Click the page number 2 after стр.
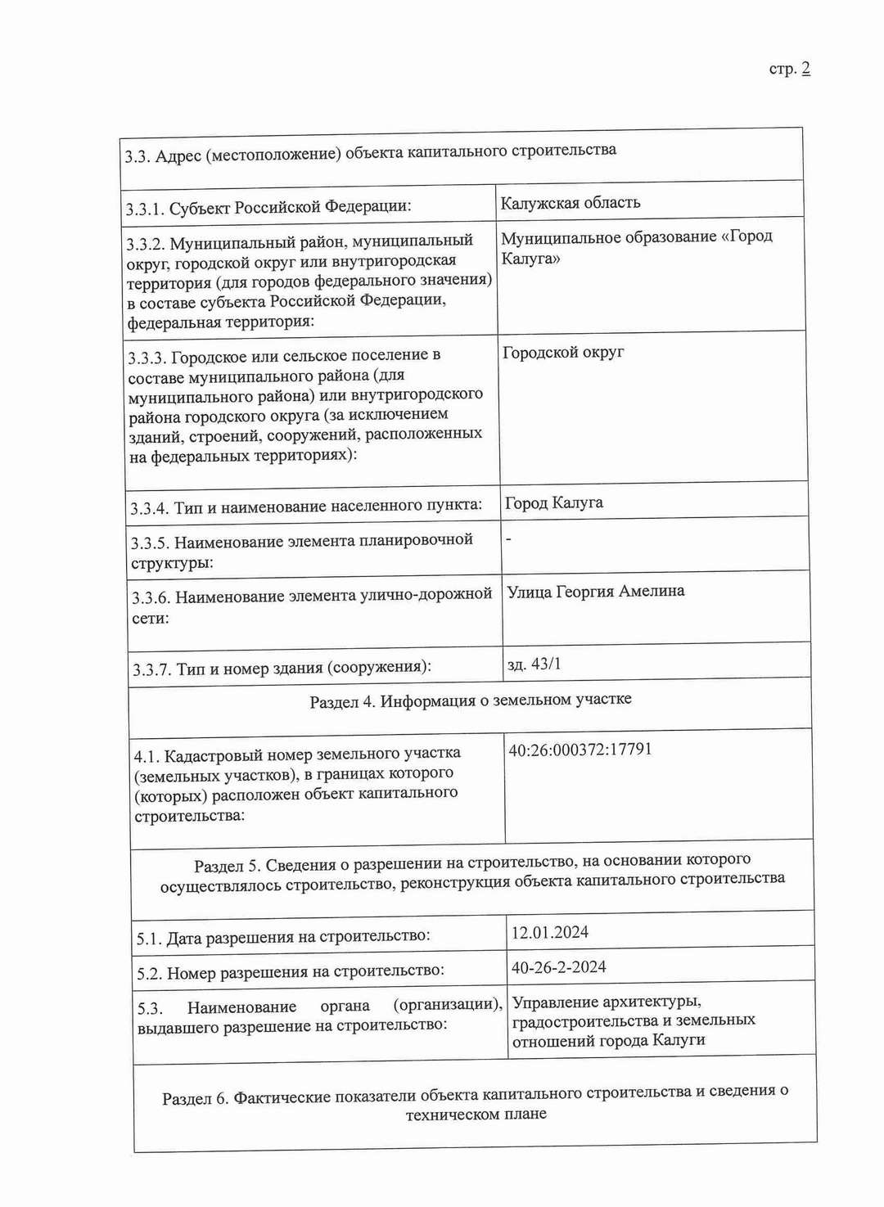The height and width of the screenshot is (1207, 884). point(805,69)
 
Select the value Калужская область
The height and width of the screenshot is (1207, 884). point(570,203)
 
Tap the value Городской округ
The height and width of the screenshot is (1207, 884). point(563,353)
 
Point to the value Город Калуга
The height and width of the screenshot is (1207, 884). point(554,503)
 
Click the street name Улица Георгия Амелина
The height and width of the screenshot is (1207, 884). point(595,592)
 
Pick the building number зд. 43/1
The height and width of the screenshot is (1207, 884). point(534,664)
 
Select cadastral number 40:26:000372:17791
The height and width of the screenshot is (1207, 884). point(580,750)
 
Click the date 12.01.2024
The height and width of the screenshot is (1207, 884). point(549,933)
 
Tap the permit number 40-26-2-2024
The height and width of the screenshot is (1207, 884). point(558,967)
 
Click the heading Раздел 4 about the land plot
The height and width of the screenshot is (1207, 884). point(470,701)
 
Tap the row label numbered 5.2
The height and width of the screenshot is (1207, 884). point(290,972)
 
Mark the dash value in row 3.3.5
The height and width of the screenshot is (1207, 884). point(509,539)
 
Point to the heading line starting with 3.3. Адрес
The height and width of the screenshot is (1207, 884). point(370,153)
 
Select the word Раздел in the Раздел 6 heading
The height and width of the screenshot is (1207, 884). point(187,1099)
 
